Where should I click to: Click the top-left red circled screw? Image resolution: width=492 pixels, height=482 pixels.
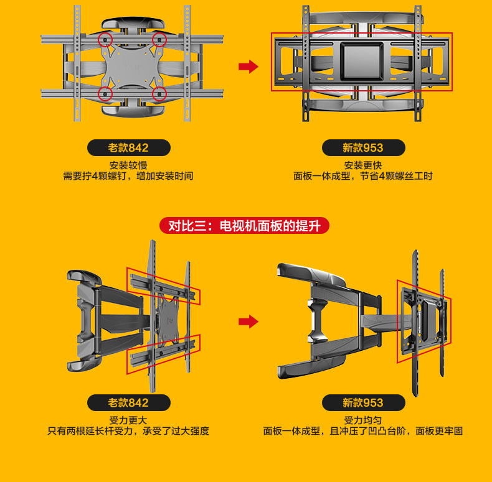(x=105, y=40)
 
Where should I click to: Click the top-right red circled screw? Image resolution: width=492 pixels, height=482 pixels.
(x=160, y=40)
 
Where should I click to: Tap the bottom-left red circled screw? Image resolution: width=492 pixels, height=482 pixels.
(x=105, y=95)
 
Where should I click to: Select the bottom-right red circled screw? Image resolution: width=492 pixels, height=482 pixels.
(x=160, y=95)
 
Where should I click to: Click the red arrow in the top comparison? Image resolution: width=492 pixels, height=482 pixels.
(x=248, y=67)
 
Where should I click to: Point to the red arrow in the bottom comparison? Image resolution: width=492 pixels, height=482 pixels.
(x=248, y=322)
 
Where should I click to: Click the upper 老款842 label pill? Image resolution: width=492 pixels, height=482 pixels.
(x=128, y=148)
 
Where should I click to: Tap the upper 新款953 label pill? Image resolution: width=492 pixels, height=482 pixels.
(x=363, y=148)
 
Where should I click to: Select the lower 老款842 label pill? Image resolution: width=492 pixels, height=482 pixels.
(x=128, y=403)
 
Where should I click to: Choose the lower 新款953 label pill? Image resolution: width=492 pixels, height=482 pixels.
(x=363, y=403)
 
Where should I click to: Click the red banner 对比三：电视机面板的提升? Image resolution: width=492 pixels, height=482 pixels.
(x=244, y=226)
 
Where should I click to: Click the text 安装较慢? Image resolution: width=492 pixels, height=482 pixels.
(x=128, y=165)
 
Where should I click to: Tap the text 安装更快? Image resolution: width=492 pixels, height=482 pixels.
(x=363, y=165)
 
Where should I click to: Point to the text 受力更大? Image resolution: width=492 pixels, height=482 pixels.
(x=128, y=420)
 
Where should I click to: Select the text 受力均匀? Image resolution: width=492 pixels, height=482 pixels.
(x=363, y=420)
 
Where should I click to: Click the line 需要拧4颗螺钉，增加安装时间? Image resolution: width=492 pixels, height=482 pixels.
(x=128, y=176)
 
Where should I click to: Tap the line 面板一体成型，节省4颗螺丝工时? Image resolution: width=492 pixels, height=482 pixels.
(x=363, y=176)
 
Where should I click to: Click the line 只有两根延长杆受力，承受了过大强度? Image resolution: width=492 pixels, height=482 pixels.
(x=128, y=431)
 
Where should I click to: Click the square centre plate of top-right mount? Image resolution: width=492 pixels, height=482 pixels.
(x=362, y=61)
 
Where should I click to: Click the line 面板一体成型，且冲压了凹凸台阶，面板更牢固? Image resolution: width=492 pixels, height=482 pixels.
(x=363, y=431)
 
